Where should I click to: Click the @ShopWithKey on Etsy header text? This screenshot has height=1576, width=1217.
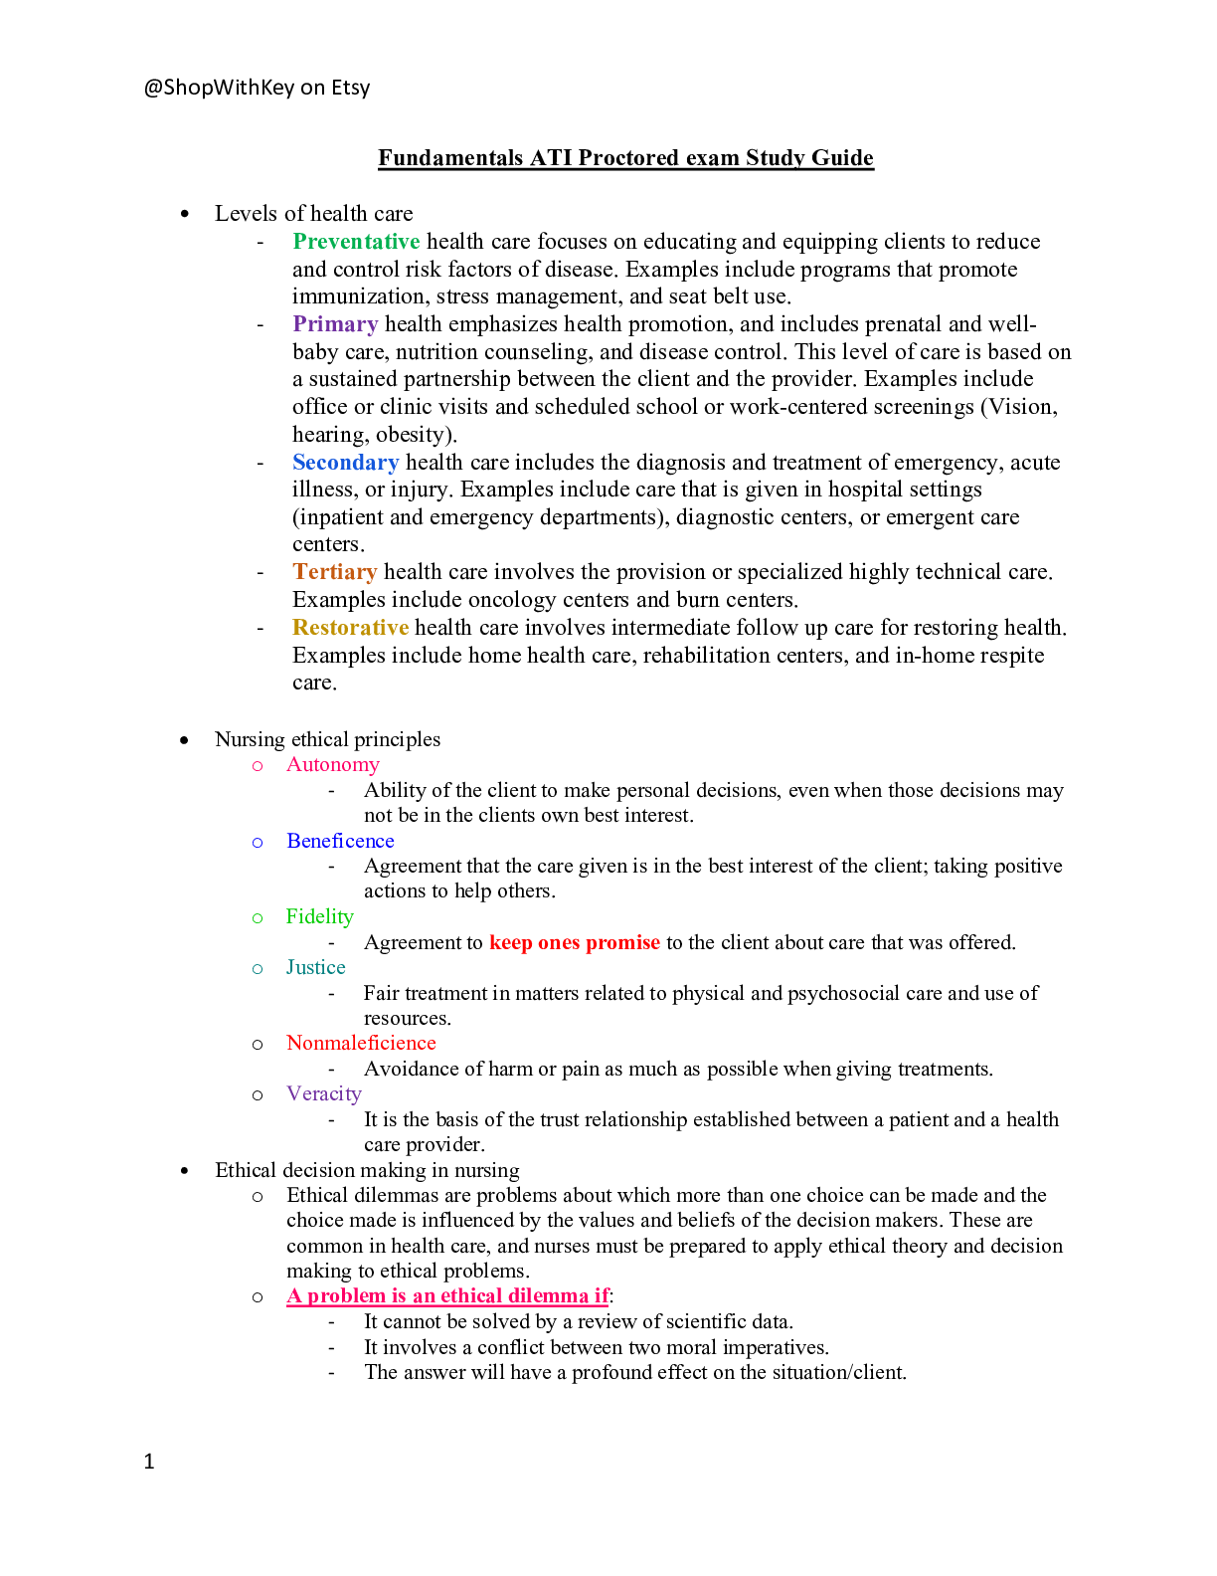(257, 88)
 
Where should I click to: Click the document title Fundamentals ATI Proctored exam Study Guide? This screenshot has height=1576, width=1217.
(625, 158)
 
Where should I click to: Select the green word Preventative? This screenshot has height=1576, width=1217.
(356, 241)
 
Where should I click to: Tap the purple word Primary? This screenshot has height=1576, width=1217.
(335, 324)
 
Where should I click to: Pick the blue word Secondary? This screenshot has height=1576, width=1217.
(346, 462)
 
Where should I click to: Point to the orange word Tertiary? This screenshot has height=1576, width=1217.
(334, 572)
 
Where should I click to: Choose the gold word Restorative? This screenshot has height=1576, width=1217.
(350, 628)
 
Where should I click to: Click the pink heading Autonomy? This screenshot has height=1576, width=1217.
(333, 765)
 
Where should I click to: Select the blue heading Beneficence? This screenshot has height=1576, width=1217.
(340, 841)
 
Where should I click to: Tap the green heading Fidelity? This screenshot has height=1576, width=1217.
(319, 916)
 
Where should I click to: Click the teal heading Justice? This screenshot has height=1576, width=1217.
(315, 967)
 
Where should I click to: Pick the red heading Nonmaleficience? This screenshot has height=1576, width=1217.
(361, 1043)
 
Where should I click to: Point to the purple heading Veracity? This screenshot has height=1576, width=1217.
(323, 1093)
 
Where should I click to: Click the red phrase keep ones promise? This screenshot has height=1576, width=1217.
(574, 943)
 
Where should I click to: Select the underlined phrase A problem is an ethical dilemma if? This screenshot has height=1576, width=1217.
(448, 1296)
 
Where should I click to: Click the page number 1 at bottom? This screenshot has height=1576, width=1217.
(149, 1462)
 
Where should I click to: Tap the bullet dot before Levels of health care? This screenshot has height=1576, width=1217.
(185, 214)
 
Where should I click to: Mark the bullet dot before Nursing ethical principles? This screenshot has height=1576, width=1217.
(185, 740)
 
